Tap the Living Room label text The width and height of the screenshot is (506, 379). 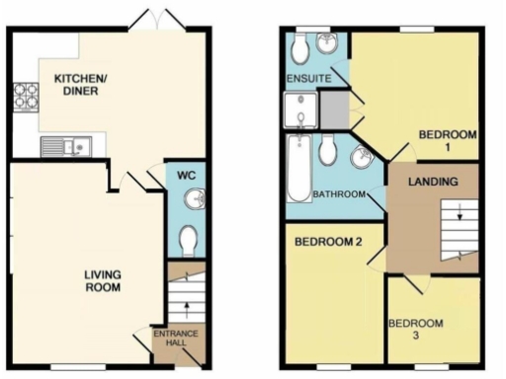[x=103, y=281]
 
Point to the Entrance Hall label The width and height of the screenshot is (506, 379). [x=176, y=341]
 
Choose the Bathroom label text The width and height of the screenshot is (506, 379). [x=339, y=194]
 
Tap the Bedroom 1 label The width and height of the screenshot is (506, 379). [x=448, y=140]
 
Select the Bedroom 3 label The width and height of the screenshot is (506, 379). [x=415, y=330]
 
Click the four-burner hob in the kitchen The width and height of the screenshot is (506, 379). [x=24, y=97]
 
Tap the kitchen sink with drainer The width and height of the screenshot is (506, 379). [x=66, y=147]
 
